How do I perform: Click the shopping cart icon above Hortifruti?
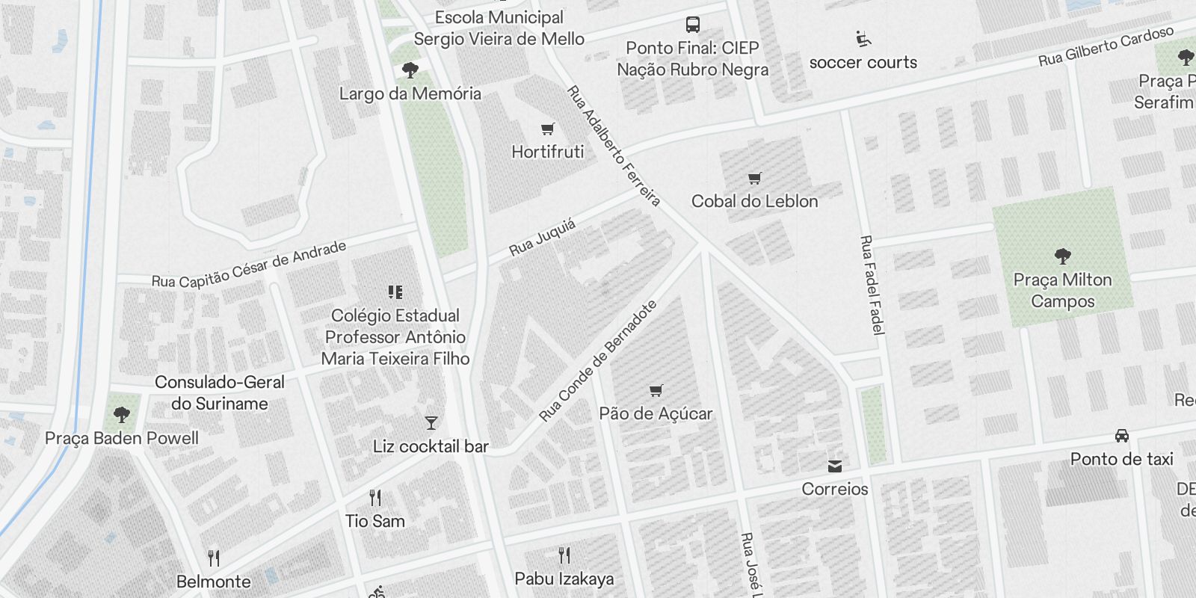tap(548, 129)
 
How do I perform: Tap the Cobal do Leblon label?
tap(754, 201)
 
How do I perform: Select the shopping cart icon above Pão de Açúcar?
tap(656, 390)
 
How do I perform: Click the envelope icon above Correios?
tap(835, 466)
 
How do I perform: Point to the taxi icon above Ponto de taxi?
tap(1121, 436)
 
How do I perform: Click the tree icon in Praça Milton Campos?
tap(1062, 256)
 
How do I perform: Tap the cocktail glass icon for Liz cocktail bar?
tap(431, 423)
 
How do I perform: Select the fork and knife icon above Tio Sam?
tap(375, 498)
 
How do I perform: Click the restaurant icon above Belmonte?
tap(214, 558)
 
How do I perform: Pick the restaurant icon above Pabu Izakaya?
tap(564, 555)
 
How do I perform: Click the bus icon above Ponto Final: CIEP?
tap(693, 25)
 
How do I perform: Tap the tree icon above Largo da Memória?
tap(410, 70)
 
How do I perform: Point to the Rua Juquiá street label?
tap(543, 237)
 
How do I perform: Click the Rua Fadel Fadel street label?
tap(872, 285)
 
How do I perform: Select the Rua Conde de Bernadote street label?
tap(598, 360)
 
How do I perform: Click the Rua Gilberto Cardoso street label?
tap(1106, 46)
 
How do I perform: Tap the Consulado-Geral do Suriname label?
tap(220, 392)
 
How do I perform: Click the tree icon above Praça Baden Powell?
tap(122, 414)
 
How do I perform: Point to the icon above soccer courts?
tap(863, 39)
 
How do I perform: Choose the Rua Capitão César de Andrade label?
tap(249, 264)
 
